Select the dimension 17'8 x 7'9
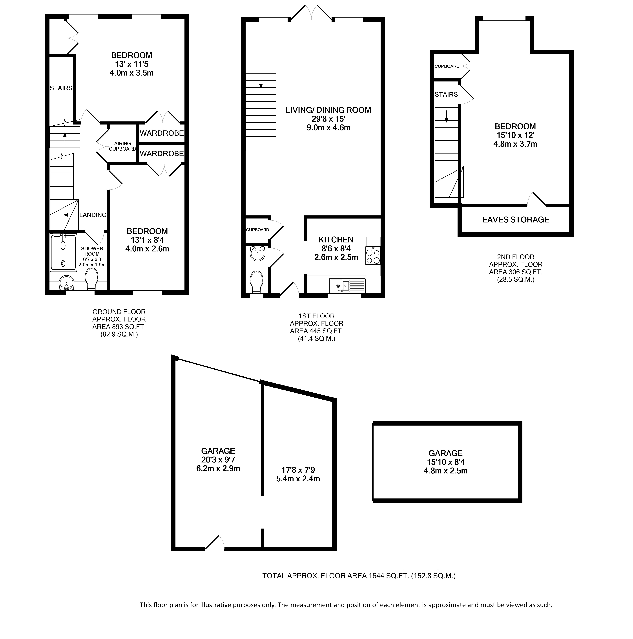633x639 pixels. click(x=298, y=470)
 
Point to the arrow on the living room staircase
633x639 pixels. click(x=261, y=83)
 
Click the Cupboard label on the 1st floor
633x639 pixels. click(x=257, y=229)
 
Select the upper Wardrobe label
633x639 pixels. click(x=162, y=133)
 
